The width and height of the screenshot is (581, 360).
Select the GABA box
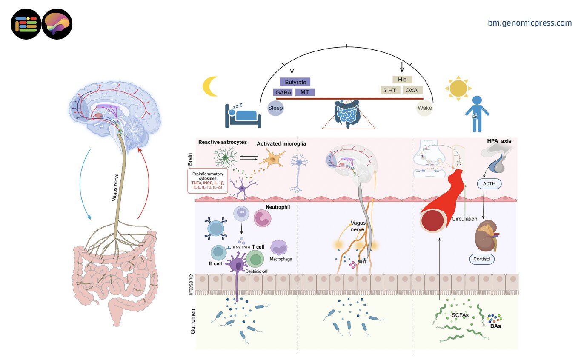tap(283, 92)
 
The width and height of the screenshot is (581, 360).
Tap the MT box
tap(305, 92)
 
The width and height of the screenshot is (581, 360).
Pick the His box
tap(402, 80)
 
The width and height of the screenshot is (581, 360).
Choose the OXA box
tap(411, 90)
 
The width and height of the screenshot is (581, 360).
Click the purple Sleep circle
tap(275, 108)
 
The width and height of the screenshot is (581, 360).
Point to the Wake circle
tap(424, 108)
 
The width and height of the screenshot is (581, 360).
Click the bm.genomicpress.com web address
tap(529, 23)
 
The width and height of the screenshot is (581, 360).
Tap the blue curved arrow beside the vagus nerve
tap(83, 183)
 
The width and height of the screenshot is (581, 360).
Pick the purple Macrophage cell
tap(280, 247)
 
